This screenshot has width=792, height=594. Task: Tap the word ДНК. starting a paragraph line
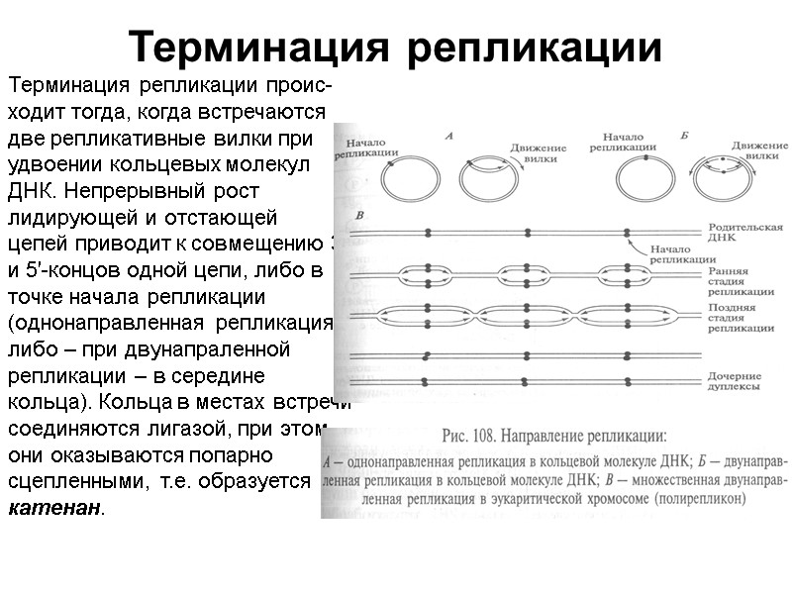[34, 188]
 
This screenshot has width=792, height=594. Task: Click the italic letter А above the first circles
[448, 136]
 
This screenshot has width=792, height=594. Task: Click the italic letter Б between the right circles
[684, 136]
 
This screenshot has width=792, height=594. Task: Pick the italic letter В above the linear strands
[359, 215]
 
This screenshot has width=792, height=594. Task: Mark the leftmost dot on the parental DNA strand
[428, 234]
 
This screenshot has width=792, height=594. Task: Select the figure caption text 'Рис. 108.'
[471, 434]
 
